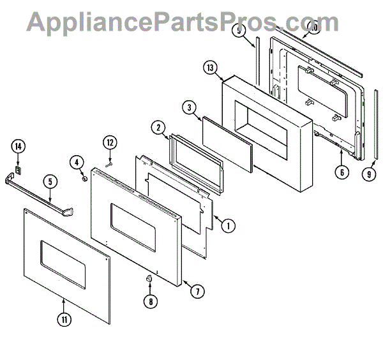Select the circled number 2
pyautogui.click(x=157, y=128)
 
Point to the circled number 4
pyautogui.click(x=77, y=162)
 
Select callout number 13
pyautogui.click(x=211, y=68)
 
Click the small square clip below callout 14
pyautogui.click(x=18, y=170)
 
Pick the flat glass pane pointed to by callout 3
pyautogui.click(x=227, y=144)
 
